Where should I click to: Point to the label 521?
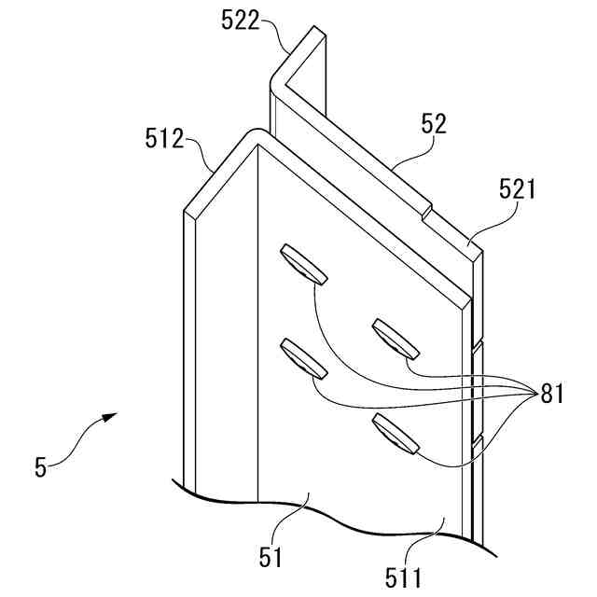click(x=517, y=192)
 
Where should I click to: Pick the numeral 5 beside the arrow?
click(x=39, y=467)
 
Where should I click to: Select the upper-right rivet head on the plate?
click(x=396, y=338)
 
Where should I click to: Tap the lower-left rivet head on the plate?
click(x=303, y=358)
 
